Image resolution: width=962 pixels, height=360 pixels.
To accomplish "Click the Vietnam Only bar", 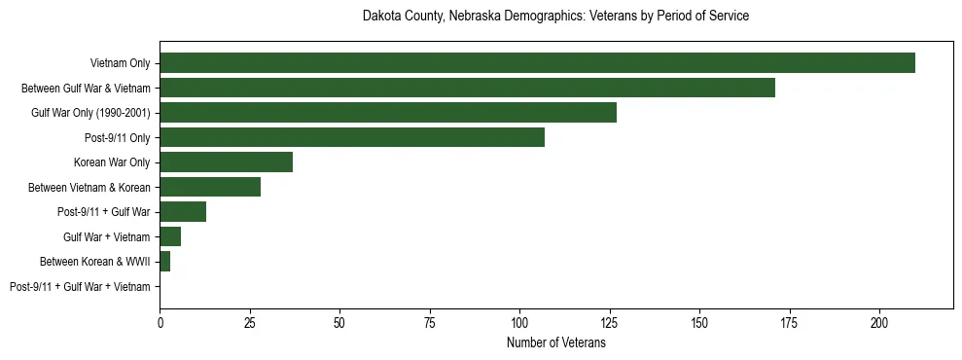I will [x=537, y=62].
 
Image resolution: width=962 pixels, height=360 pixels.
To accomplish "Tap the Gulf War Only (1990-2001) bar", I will [x=388, y=113].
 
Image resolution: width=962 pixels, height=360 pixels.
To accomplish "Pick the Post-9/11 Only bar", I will [x=352, y=137].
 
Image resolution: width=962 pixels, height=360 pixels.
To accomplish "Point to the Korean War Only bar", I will [x=226, y=162].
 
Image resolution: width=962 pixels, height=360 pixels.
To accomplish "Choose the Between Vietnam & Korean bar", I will [x=210, y=187].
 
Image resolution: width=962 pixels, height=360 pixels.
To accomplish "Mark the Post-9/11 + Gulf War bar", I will [x=183, y=212].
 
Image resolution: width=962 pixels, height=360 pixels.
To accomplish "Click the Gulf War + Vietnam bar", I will [x=170, y=236].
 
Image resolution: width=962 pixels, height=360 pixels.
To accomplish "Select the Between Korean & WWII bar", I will [x=164, y=262].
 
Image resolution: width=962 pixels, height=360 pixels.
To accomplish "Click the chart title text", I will [x=555, y=17].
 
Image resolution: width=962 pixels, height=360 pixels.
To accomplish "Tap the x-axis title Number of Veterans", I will [x=555, y=343].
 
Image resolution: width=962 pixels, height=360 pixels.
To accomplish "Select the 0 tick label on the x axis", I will [x=160, y=320].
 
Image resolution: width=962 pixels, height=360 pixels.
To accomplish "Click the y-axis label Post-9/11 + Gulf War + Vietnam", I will [x=80, y=287].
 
